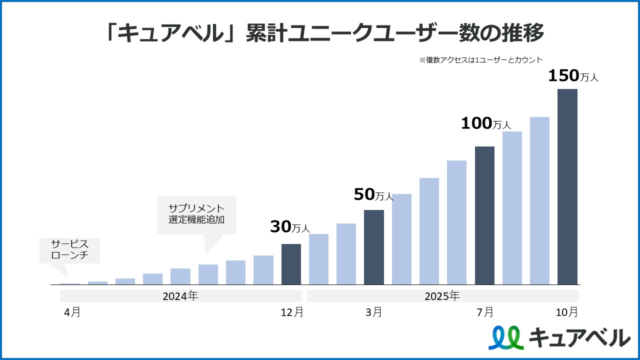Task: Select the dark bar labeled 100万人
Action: [484, 215]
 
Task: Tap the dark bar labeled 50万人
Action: [374, 247]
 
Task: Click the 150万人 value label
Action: [573, 76]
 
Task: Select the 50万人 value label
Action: [373, 194]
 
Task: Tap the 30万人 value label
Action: [290, 227]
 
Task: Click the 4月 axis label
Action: [72, 312]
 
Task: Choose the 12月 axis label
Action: [292, 312]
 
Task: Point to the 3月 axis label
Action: [373, 312]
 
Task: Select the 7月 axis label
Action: [485, 312]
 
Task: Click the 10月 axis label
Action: [567, 312]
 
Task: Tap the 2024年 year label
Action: [180, 296]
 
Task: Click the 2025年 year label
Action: [442, 296]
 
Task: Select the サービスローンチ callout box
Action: [70, 250]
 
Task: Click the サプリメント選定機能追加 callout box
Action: [196, 214]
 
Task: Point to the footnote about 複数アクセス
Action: [480, 59]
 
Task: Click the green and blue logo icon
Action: [506, 337]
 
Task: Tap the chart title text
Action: [325, 34]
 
